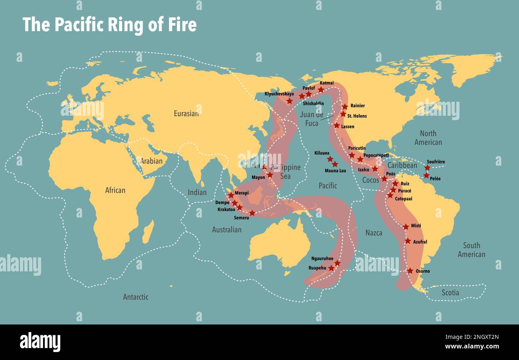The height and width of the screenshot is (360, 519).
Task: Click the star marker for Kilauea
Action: click(x=330, y=159)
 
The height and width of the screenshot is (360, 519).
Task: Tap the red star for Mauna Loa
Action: click(x=335, y=164)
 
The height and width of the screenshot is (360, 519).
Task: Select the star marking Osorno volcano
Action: click(x=410, y=271)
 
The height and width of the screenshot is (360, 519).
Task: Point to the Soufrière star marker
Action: click(x=427, y=168)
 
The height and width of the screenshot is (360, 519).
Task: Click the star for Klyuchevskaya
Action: click(x=289, y=101)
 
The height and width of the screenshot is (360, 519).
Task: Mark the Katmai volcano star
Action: click(x=321, y=90)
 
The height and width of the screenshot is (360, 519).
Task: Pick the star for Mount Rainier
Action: click(x=345, y=107)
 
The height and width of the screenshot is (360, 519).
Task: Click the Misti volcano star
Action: click(x=406, y=227)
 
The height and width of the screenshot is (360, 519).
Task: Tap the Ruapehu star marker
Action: click(x=331, y=268)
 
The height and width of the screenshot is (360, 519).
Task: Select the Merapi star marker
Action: click(x=231, y=195)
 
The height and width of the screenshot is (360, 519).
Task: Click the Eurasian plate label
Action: click(x=186, y=114)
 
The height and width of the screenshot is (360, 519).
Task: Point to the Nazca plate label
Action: click(x=374, y=233)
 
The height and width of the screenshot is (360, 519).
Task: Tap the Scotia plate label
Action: click(x=450, y=293)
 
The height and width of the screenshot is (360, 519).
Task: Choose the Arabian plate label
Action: click(x=151, y=161)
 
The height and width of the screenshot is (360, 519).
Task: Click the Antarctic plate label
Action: click(x=136, y=297)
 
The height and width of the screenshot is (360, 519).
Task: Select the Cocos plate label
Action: click(x=370, y=180)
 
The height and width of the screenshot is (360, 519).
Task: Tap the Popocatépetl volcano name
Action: click(x=376, y=155)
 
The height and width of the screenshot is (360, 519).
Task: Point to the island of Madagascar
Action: click(x=148, y=232)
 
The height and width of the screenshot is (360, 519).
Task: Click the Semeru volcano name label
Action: click(x=242, y=218)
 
